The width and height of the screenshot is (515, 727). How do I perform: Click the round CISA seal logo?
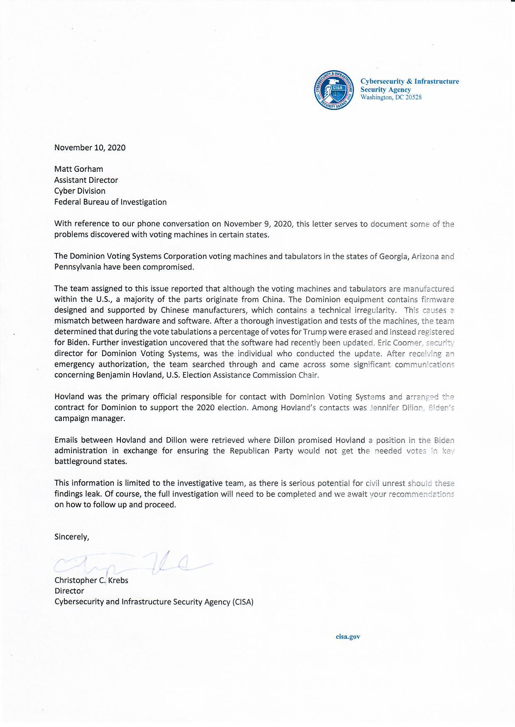coord(334,90)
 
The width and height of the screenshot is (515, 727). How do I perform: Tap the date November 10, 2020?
coord(90,148)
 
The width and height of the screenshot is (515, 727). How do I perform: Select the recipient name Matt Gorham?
coord(78,169)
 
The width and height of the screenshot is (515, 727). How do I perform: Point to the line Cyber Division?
coord(80,191)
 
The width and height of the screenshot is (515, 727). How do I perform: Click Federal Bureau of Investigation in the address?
coord(110,202)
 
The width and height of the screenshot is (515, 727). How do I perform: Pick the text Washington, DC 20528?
coord(391,97)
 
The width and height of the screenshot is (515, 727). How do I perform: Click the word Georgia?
coord(394,256)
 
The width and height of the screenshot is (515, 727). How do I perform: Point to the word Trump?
coord(315,332)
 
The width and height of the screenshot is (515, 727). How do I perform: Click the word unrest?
coord(391,483)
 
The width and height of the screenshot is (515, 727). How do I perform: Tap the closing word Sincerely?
coord(71,537)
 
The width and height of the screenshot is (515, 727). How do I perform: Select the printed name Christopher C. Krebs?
coord(91,580)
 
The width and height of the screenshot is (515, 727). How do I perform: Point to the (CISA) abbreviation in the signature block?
coord(243,602)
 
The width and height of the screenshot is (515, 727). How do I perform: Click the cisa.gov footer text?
coord(348,637)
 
